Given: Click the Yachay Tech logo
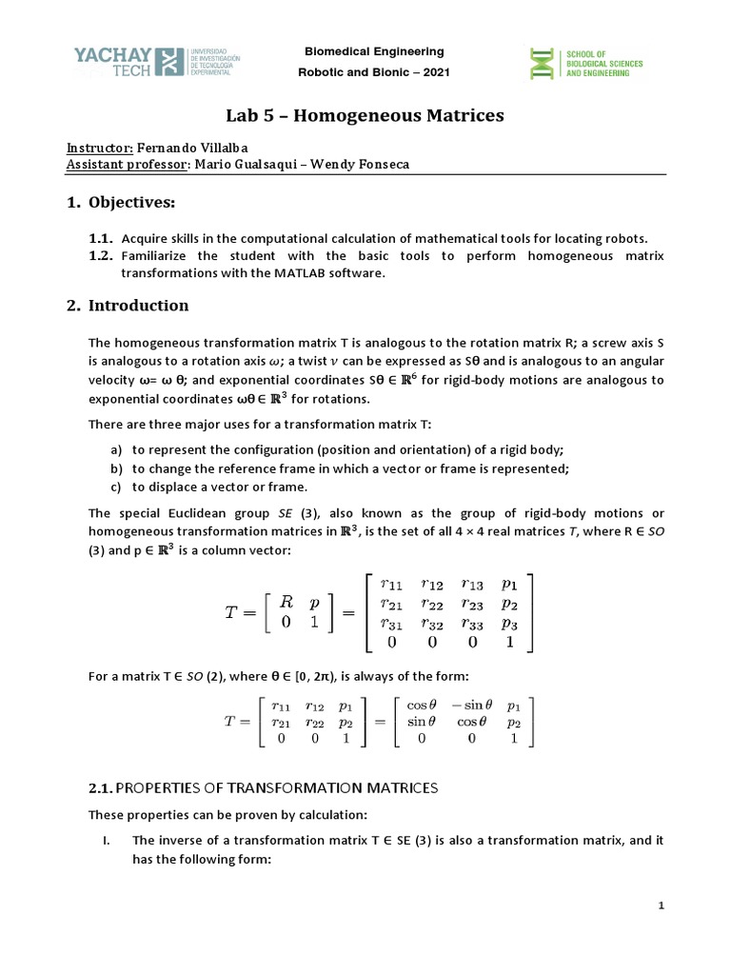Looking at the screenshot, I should [144, 63].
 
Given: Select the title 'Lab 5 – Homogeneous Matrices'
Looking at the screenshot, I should [365, 116].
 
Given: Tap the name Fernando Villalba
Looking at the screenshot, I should [195, 149].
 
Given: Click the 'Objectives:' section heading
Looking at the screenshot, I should [132, 203].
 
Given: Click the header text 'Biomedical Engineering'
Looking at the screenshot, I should [373, 51].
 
